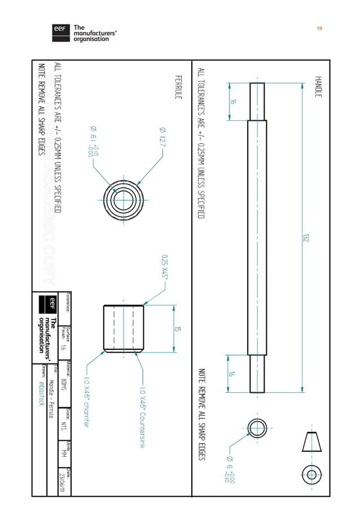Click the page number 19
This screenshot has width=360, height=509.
[x=319, y=28]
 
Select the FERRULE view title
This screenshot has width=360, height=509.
[x=178, y=87]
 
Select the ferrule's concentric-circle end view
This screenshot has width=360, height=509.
[x=121, y=199]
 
